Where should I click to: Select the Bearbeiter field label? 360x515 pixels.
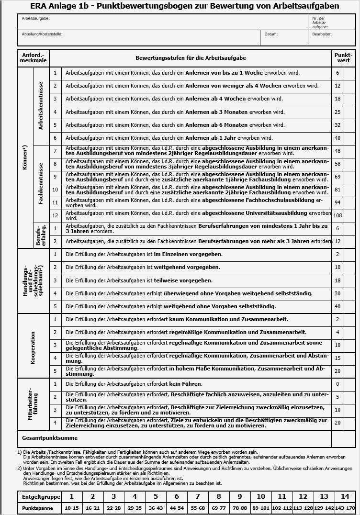pyautogui.click(x=322, y=34)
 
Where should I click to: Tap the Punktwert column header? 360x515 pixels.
pyautogui.click(x=343, y=58)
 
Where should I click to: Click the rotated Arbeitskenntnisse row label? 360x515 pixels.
pyautogui.click(x=41, y=106)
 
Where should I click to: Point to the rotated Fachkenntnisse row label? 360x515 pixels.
pyautogui.click(x=41, y=183)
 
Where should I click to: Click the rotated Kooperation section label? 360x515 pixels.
pyautogui.click(x=33, y=346)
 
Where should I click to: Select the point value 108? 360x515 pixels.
pyautogui.click(x=337, y=216)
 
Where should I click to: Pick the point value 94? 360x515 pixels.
pyautogui.click(x=337, y=202)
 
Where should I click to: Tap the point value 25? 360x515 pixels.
pyautogui.click(x=337, y=112)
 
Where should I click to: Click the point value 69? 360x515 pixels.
pyautogui.click(x=337, y=177)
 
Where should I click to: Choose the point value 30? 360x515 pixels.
pyautogui.click(x=337, y=293)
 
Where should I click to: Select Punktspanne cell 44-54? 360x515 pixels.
pyautogui.click(x=177, y=508)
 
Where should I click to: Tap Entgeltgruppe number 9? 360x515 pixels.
pyautogui.click(x=240, y=497)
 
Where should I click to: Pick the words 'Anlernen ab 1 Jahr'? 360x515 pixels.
pyautogui.click(x=210, y=138)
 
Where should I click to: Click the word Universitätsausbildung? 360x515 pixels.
pyautogui.click(x=277, y=213)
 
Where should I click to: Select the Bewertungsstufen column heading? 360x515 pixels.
pyautogui.click(x=191, y=58)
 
